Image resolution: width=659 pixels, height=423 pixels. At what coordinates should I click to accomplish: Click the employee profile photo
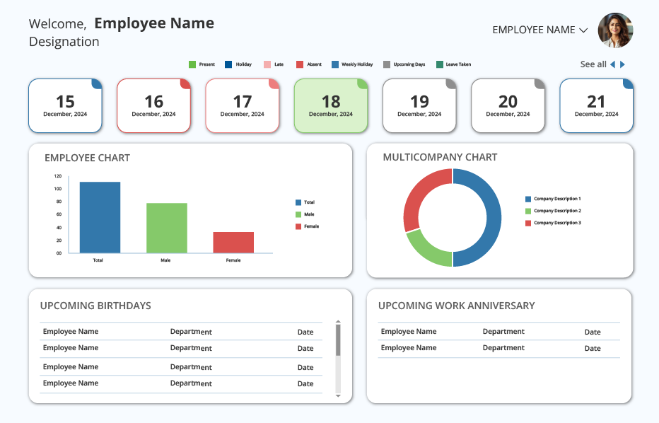[615, 30]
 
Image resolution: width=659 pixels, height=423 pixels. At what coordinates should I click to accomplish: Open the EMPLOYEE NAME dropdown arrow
[583, 30]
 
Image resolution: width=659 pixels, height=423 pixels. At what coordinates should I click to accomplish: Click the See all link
[593, 64]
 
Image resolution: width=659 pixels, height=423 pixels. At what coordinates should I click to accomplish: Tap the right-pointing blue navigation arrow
[622, 64]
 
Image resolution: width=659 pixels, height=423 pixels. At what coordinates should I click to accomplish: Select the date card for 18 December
[331, 105]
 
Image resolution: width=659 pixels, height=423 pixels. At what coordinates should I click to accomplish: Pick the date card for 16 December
[154, 105]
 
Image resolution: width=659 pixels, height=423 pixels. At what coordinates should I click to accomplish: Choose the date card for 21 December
[596, 105]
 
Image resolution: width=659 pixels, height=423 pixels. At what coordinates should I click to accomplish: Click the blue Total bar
[100, 217]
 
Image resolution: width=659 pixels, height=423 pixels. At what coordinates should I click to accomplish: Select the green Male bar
[167, 228]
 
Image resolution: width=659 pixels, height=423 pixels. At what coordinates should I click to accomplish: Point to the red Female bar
[233, 242]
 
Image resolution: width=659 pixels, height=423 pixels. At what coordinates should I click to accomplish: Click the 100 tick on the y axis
[57, 189]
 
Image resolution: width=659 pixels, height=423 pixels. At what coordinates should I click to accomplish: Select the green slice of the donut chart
[426, 250]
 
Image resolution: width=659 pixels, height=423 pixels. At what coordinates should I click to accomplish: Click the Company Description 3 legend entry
[553, 223]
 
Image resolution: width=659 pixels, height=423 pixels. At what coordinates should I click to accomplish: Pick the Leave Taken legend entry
[453, 64]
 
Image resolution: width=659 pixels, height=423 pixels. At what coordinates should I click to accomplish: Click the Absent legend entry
[309, 64]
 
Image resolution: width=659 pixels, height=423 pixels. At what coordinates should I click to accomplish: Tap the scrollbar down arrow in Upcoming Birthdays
[338, 395]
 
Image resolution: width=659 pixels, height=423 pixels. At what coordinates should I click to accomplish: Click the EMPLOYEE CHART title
[88, 158]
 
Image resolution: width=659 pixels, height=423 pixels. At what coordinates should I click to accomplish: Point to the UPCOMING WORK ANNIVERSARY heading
[457, 306]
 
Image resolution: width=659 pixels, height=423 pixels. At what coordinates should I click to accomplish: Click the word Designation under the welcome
[64, 42]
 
